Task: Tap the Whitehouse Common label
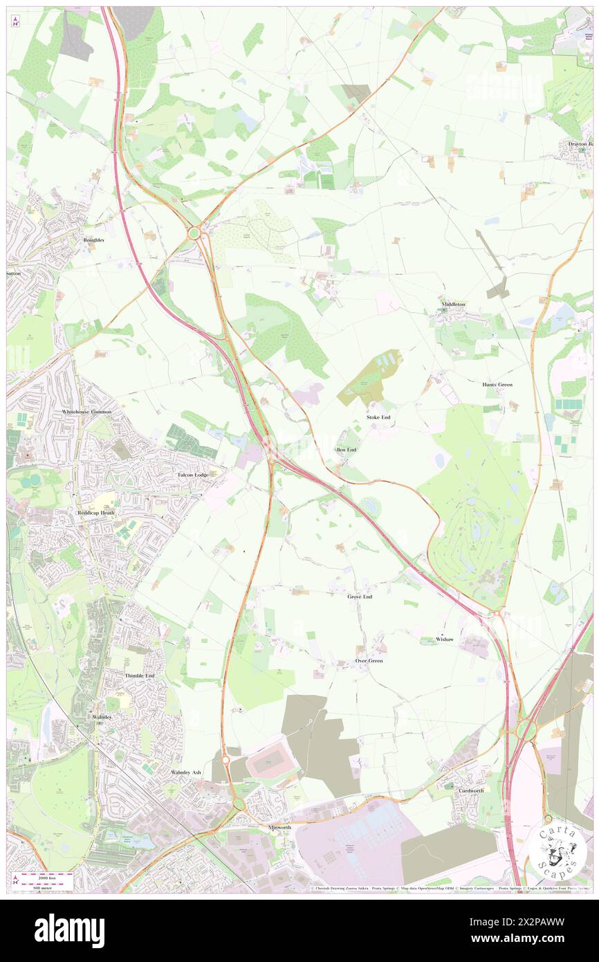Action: [86, 412]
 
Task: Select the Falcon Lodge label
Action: [192, 475]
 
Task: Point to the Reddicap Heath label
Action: [95, 512]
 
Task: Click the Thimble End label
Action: [139, 675]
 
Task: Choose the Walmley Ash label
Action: [186, 772]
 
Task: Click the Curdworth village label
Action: [471, 790]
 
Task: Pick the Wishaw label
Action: [445, 639]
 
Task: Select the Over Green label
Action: [369, 661]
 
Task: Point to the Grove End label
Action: [360, 596]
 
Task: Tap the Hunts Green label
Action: [497, 384]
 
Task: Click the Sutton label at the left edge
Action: [14, 273]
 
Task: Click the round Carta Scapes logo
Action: [557, 851]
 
